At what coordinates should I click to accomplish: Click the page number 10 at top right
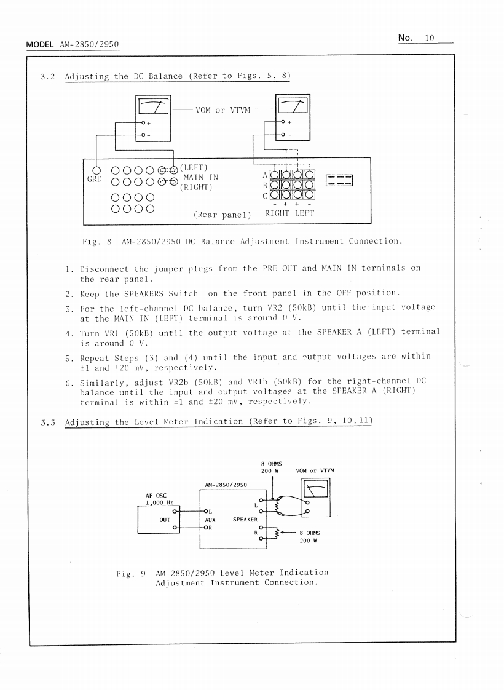428,38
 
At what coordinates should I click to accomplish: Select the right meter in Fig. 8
293,106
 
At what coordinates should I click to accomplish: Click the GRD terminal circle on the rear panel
96,170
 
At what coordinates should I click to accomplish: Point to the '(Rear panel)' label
222,215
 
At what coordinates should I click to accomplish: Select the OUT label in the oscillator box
164,518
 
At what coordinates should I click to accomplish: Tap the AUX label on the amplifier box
210,519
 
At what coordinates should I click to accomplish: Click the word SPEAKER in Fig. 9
244,519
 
